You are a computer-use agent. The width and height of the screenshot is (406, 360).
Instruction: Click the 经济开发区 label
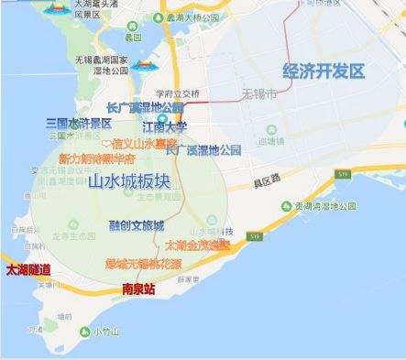click(324, 71)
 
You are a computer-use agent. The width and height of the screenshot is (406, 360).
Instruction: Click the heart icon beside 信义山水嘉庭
click(105, 143)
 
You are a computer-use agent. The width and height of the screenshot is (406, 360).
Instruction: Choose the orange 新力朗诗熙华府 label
click(103, 158)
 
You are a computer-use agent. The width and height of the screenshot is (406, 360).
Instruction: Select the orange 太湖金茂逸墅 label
click(198, 245)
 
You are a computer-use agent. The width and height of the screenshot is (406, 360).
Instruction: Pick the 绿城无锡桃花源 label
click(142, 264)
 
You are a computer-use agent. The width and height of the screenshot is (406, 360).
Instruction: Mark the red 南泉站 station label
click(138, 289)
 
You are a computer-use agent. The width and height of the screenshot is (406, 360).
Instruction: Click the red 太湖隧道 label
click(27, 270)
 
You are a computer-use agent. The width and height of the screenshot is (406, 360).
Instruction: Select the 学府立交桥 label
click(177, 93)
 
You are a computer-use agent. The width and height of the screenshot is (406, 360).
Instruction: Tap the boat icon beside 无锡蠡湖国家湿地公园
click(143, 66)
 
